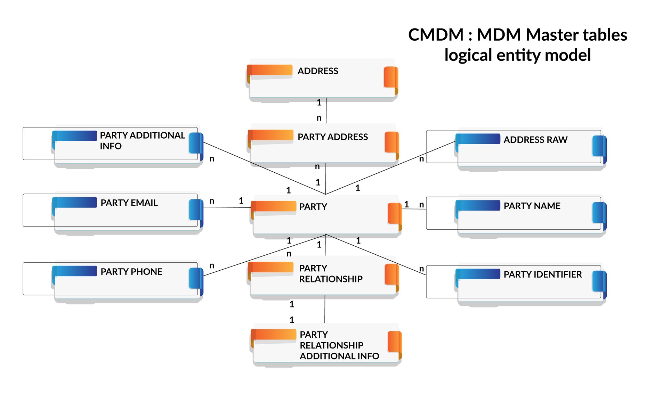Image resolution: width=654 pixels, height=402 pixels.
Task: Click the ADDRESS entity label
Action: (x=317, y=71)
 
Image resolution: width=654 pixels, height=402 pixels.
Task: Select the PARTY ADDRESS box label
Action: (x=332, y=137)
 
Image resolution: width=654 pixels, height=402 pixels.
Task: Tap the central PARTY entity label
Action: (x=313, y=207)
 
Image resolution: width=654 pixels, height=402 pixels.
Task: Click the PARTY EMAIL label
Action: (x=129, y=203)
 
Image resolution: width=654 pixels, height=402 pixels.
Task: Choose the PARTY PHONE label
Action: (x=131, y=272)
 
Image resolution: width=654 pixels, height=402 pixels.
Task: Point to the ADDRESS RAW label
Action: (x=535, y=140)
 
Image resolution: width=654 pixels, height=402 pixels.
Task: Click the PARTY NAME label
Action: (x=532, y=206)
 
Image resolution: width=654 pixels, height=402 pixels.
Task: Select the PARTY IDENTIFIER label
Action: (x=542, y=274)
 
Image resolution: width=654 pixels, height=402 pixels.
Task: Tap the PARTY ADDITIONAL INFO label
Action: (x=142, y=140)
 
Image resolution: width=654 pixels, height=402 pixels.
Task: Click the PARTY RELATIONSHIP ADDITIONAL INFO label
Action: (x=339, y=345)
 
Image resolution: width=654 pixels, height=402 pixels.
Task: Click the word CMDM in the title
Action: (x=435, y=35)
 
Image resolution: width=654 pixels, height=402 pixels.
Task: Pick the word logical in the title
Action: (x=468, y=55)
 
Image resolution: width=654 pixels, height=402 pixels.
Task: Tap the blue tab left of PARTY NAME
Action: (x=478, y=205)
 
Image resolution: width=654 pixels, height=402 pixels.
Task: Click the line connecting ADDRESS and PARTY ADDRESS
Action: (x=326, y=110)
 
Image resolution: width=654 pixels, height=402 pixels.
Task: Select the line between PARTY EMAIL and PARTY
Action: (x=226, y=207)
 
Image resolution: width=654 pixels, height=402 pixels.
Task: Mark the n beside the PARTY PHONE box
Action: (x=212, y=266)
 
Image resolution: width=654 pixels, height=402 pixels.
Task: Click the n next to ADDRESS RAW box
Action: (x=421, y=159)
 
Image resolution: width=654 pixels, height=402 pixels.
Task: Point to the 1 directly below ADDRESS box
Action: (x=319, y=102)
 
